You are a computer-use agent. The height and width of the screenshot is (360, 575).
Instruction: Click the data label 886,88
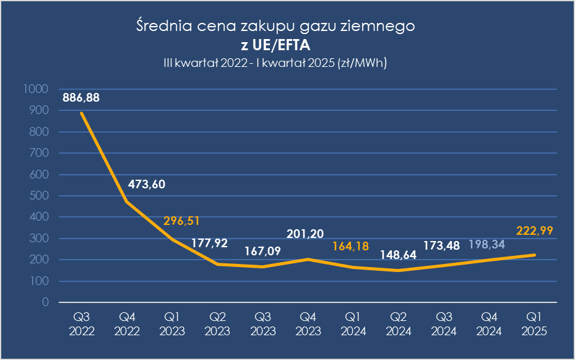tap(81, 98)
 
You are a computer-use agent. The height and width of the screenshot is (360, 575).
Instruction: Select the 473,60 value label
tap(147, 184)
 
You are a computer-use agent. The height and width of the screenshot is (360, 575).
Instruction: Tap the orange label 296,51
tap(181, 221)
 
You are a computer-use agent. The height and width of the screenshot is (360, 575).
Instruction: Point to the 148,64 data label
tap(398, 255)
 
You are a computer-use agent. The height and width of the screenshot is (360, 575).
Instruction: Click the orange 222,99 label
tap(534, 230)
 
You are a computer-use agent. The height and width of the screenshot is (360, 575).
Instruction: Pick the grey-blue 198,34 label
tap(486, 244)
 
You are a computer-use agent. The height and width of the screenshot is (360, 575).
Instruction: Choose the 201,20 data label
tap(305, 234)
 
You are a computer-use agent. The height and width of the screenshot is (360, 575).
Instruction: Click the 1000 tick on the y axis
tap(35, 89)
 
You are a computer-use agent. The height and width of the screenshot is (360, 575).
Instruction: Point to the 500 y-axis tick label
tap(39, 196)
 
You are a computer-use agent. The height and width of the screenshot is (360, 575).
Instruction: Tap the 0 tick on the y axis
tap(45, 302)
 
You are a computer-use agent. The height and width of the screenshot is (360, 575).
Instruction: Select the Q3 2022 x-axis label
tap(82, 323)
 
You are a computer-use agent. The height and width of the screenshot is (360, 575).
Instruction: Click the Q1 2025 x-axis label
tap(534, 323)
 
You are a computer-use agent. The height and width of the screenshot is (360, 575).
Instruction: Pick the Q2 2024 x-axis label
tap(398, 323)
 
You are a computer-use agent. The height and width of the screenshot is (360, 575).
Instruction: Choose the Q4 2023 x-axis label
tap(308, 323)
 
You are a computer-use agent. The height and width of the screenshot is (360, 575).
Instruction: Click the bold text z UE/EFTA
tap(275, 45)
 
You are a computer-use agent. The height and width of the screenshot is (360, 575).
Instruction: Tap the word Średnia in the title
tap(164, 25)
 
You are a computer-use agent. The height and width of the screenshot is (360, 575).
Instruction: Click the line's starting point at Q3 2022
tap(82, 113)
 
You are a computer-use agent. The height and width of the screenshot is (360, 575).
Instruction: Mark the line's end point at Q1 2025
tap(534, 255)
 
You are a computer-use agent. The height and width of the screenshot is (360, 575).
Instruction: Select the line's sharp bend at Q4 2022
tap(127, 201)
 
